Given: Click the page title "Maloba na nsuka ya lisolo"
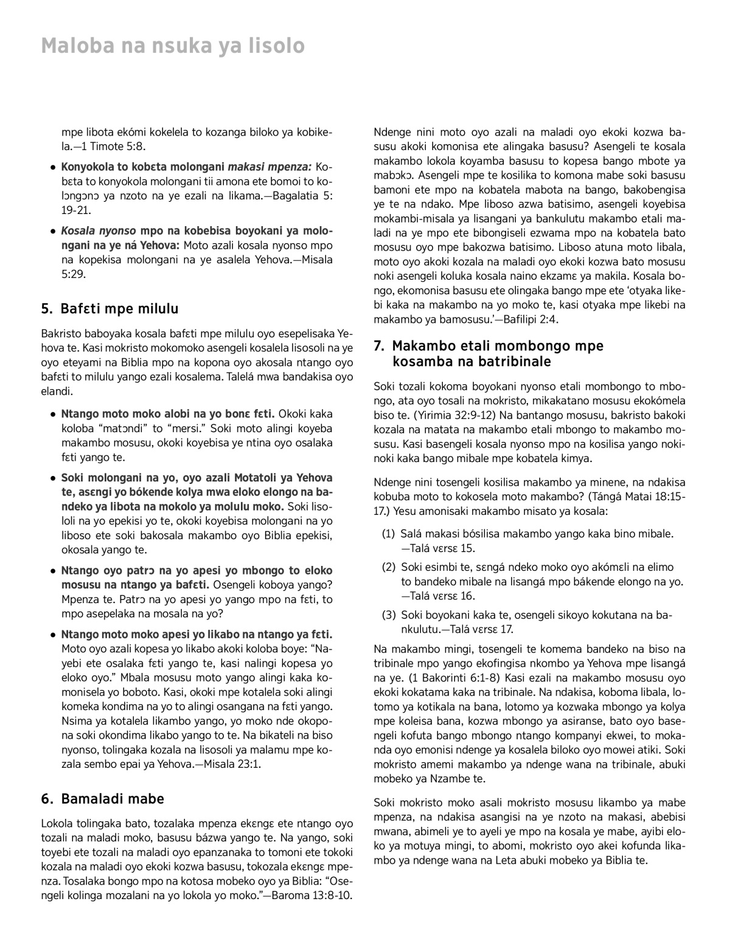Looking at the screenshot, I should [173, 46].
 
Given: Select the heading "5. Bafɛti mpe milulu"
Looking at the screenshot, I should [109, 309].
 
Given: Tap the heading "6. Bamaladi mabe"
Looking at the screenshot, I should [103, 798].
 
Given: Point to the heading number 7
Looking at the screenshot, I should [379, 347].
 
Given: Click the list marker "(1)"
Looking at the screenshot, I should [388, 534].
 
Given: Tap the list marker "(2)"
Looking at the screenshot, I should [388, 567].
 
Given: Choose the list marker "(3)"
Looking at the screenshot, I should [388, 615].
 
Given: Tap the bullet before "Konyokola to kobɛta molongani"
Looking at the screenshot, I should [54, 167].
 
